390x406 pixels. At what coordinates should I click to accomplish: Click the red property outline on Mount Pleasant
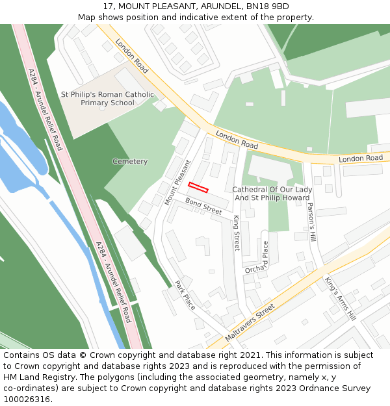198,188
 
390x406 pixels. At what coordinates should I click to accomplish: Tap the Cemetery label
130,161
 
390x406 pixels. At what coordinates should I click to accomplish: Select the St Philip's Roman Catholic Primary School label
108,99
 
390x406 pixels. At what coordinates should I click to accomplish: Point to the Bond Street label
203,207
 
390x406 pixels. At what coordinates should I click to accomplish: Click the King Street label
237,233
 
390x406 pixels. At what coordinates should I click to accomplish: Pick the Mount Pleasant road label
177,183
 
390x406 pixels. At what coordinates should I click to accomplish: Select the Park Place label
185,295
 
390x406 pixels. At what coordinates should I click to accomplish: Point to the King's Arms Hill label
340,298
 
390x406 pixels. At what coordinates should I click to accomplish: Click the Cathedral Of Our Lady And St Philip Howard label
272,194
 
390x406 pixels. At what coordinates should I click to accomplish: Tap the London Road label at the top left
132,55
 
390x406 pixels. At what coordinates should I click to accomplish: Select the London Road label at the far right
361,159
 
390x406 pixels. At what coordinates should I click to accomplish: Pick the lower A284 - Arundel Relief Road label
113,282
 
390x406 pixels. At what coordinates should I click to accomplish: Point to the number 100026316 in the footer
26,399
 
